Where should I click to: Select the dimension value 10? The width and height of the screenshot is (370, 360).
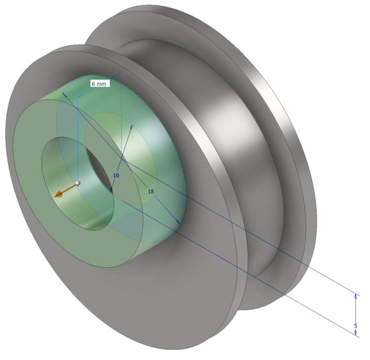(116, 175)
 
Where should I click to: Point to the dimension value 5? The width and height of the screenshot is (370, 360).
(355, 326)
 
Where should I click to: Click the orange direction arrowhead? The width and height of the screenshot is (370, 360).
(61, 194)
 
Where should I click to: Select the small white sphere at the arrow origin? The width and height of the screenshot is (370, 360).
(79, 182)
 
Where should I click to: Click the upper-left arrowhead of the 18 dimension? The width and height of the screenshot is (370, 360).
(65, 95)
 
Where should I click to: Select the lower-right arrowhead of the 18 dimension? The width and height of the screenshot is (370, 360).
(178, 224)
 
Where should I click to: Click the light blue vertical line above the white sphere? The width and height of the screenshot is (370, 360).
(79, 135)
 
